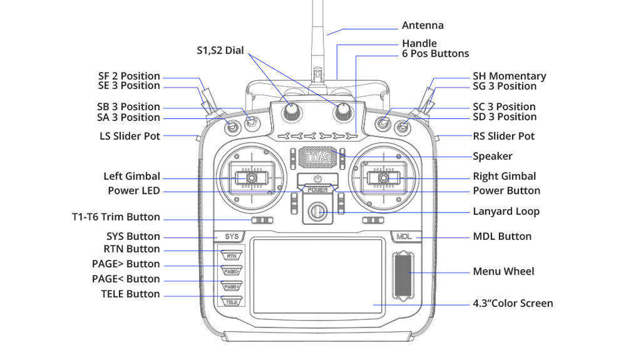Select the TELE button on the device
point(231,302)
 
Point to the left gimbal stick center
point(252,178)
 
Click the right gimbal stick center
point(384,178)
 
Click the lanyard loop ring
point(318,212)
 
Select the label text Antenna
point(422,25)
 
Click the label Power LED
point(134,190)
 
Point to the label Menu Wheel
point(503,271)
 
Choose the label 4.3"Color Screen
point(513,303)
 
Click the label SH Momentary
point(509,76)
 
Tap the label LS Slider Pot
point(130,136)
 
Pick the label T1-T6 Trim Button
point(116,217)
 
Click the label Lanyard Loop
point(505,211)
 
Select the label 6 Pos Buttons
point(435,53)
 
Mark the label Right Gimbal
point(504,176)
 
